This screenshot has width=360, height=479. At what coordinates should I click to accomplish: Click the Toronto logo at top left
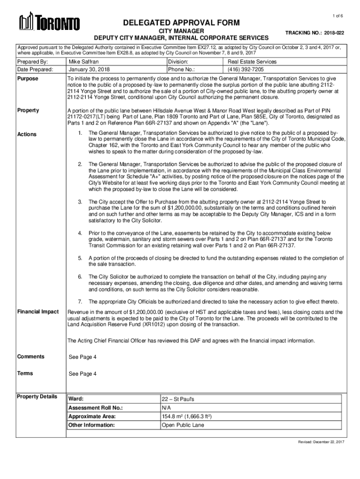click(x=49, y=22)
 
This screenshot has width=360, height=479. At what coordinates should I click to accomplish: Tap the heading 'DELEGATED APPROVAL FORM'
click(x=182, y=23)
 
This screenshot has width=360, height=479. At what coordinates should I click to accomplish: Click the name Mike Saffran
click(x=84, y=62)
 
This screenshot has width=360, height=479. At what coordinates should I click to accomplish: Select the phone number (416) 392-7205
click(x=246, y=70)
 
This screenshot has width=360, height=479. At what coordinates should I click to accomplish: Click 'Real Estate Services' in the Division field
click(x=252, y=62)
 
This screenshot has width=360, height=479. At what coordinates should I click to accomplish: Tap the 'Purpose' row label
click(x=28, y=79)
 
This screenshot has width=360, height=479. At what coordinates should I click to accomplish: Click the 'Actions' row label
click(x=27, y=134)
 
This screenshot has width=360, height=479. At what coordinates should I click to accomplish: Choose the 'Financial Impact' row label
click(x=38, y=312)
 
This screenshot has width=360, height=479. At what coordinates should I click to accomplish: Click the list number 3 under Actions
click(x=80, y=202)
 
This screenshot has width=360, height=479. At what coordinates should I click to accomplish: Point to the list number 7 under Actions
click(x=80, y=301)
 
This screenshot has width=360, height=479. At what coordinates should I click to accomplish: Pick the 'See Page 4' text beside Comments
click(x=83, y=357)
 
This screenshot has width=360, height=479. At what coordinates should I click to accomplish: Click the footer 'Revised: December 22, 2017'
click(x=321, y=442)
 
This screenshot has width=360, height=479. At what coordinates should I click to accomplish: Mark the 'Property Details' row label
click(x=37, y=397)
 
